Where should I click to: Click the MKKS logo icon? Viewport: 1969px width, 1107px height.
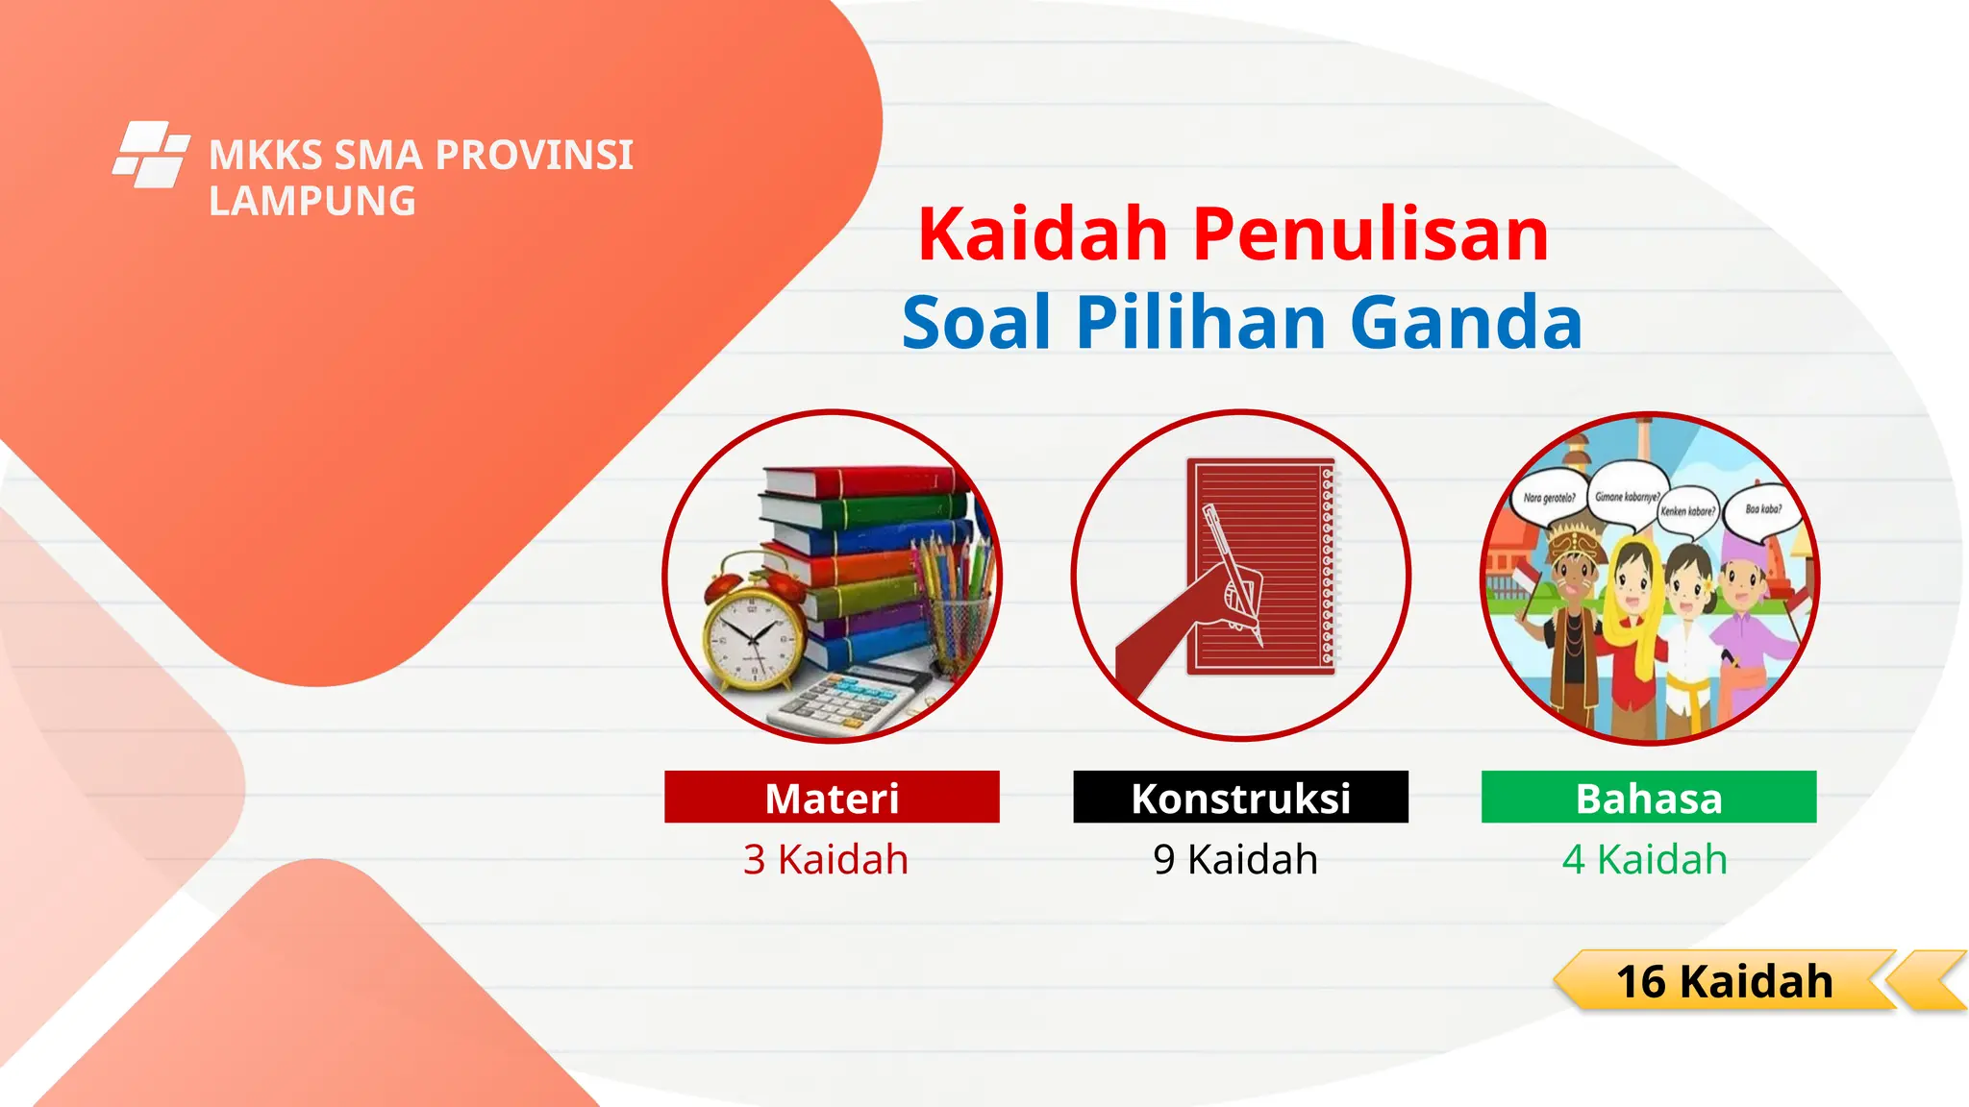[150, 154]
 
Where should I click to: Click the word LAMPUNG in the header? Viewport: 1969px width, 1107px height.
[312, 202]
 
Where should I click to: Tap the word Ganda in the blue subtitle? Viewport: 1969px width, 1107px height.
[1465, 322]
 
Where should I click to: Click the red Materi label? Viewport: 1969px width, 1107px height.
[832, 798]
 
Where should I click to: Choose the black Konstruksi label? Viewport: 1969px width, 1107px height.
[1240, 798]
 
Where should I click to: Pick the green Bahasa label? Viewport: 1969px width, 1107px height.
[1649, 798]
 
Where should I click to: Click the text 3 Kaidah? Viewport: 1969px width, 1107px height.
[826, 859]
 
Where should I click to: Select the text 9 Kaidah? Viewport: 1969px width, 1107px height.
[1235, 859]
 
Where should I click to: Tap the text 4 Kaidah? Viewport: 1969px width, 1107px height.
[1645, 859]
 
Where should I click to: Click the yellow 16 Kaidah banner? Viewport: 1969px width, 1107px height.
[1725, 981]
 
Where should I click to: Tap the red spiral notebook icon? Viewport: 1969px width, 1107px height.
[1259, 567]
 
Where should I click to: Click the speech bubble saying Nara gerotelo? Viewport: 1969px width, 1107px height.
[1549, 499]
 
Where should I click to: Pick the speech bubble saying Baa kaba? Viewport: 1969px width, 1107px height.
[1763, 509]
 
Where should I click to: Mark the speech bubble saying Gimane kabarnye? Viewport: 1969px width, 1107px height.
[1627, 495]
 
